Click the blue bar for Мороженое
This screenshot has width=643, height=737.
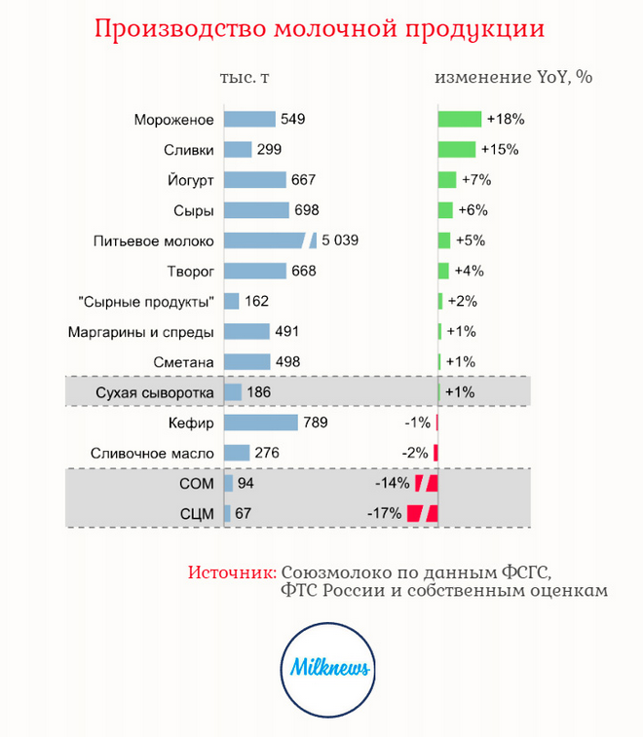249,120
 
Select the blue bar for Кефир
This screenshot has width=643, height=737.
260,423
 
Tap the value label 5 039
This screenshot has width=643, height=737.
340,240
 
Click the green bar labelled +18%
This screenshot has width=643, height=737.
460,120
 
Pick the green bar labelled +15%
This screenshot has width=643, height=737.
457,150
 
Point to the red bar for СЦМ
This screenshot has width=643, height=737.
423,513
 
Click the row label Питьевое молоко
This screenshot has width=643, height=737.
153,240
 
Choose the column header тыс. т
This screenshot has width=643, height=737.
245,78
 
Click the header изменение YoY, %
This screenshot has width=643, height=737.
513,78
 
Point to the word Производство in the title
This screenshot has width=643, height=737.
169,28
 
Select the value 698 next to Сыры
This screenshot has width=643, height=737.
308,210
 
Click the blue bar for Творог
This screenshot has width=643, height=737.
255,271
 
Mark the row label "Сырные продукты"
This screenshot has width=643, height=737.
145,302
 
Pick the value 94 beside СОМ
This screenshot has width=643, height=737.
245,483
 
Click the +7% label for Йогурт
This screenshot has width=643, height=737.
475,180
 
